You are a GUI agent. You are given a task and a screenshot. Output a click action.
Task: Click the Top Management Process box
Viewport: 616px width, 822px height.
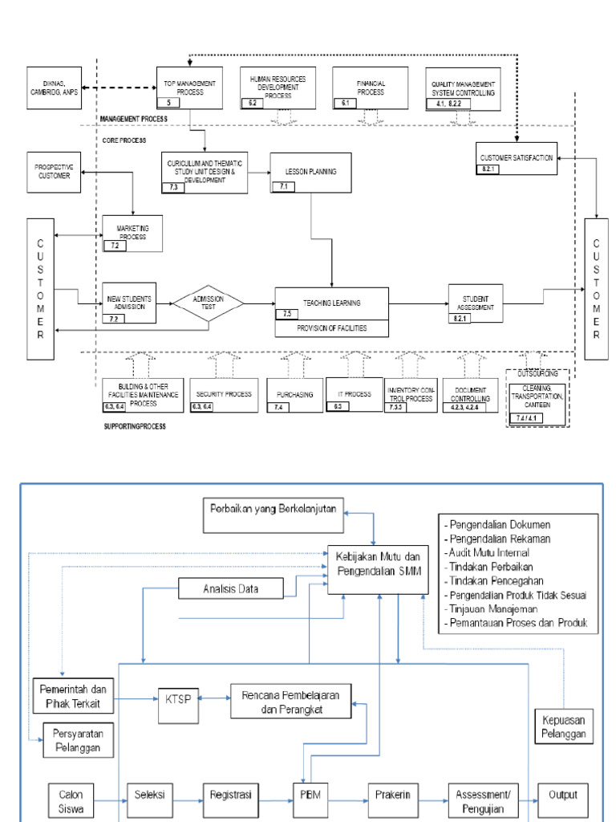click(189, 87)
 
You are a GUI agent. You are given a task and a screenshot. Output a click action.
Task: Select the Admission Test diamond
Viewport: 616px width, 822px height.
click(209, 304)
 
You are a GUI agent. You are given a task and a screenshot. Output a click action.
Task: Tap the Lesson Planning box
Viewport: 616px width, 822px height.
click(310, 173)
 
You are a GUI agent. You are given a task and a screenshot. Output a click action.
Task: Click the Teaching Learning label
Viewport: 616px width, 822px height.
click(331, 303)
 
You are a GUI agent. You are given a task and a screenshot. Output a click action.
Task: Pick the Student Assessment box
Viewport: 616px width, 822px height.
click(476, 303)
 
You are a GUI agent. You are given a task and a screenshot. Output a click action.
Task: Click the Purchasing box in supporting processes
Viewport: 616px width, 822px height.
click(294, 394)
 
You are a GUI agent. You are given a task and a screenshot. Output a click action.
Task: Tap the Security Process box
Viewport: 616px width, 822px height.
click(224, 396)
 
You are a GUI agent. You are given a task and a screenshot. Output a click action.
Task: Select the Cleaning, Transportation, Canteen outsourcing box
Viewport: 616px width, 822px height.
click(537, 399)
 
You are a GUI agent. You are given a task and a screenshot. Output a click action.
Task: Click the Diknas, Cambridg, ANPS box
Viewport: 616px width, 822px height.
click(54, 87)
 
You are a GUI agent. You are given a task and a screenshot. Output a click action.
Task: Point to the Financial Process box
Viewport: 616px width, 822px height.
click(371, 87)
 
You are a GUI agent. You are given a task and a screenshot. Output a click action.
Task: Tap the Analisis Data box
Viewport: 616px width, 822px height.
click(231, 590)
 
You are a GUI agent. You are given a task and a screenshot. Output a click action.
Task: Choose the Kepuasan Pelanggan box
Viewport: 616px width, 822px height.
click(564, 725)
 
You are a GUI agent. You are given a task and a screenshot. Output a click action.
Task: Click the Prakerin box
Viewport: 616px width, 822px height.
click(394, 795)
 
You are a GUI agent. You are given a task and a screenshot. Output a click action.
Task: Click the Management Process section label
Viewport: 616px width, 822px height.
click(133, 119)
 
